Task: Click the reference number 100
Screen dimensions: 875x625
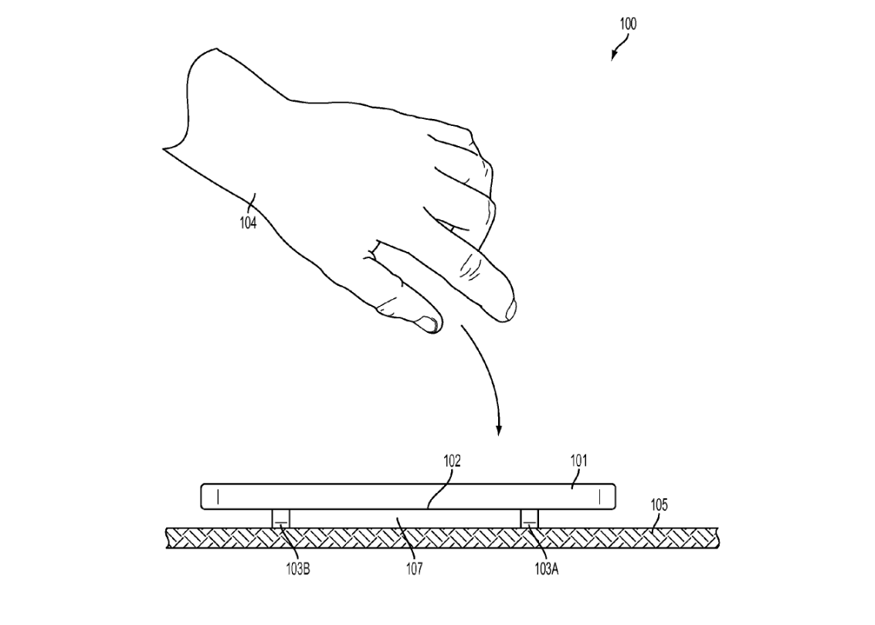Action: coord(628,24)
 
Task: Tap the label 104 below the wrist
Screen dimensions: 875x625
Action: coord(249,222)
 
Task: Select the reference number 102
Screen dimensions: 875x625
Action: coord(452,461)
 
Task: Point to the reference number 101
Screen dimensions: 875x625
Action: coord(578,461)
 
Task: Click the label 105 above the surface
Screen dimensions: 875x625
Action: coord(659,505)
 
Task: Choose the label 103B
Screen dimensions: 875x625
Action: coord(298,569)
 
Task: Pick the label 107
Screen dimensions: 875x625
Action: coord(414,569)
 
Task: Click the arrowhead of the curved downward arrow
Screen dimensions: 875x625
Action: coord(499,430)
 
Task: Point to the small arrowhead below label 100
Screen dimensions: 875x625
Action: coord(613,56)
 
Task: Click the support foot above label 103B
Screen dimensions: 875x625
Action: coord(280,518)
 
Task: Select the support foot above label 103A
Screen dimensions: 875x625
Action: coord(530,518)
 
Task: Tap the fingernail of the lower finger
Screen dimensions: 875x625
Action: coord(429,324)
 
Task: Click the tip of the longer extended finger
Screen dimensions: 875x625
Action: coord(512,311)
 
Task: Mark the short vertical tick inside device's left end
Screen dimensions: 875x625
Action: coord(218,495)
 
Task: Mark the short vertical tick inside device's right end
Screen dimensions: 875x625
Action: coord(600,495)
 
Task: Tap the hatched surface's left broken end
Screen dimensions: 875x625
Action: coord(168,538)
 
